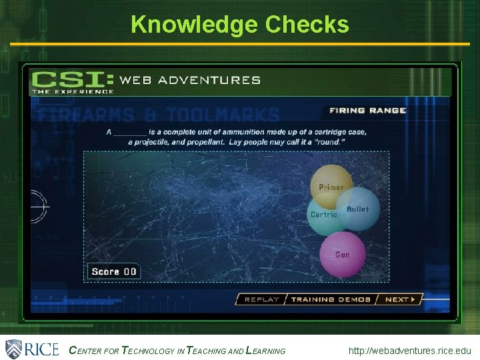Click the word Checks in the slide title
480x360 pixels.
pyautogui.click(x=307, y=24)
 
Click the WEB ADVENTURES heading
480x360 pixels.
pyautogui.click(x=190, y=80)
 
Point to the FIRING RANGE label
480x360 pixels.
pyautogui.click(x=367, y=111)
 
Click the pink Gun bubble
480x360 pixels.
pyautogui.click(x=343, y=255)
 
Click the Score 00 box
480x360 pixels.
pyautogui.click(x=113, y=271)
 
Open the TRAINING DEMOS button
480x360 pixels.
pyautogui.click(x=331, y=299)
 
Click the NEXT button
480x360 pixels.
pyautogui.click(x=400, y=299)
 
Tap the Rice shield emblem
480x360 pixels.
pyautogui.click(x=14, y=349)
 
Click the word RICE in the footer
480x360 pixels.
pyautogui.click(x=41, y=349)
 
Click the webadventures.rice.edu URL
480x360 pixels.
pyautogui.click(x=409, y=351)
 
